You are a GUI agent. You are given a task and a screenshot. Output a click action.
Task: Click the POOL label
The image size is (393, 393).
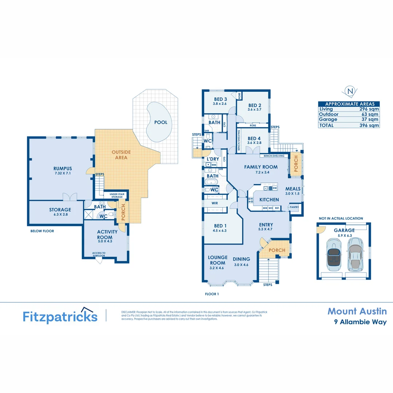161,122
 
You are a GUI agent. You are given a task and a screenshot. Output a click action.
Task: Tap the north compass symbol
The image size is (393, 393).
350,91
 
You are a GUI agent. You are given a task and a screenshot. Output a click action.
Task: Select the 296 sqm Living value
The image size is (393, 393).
370,109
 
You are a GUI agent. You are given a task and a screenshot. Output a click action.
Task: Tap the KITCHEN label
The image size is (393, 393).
269,199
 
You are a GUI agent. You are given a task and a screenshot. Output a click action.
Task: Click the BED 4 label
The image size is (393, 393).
254,139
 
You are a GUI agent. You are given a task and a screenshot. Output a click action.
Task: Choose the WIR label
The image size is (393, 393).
215,203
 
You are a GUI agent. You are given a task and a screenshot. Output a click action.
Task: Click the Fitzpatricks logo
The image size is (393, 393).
60,316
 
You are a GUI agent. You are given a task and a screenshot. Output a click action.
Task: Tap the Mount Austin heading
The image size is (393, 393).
357,311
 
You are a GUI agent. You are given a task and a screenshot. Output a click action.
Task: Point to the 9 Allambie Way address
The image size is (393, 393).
360,322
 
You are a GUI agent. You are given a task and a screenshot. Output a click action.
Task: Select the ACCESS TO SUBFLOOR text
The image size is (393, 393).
99,254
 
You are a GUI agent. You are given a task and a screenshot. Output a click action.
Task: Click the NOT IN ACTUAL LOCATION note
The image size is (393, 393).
341,218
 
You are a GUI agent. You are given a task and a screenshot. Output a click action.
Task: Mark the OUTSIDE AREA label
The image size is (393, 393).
121,155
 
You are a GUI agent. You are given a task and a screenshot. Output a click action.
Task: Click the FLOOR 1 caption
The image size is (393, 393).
212,293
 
